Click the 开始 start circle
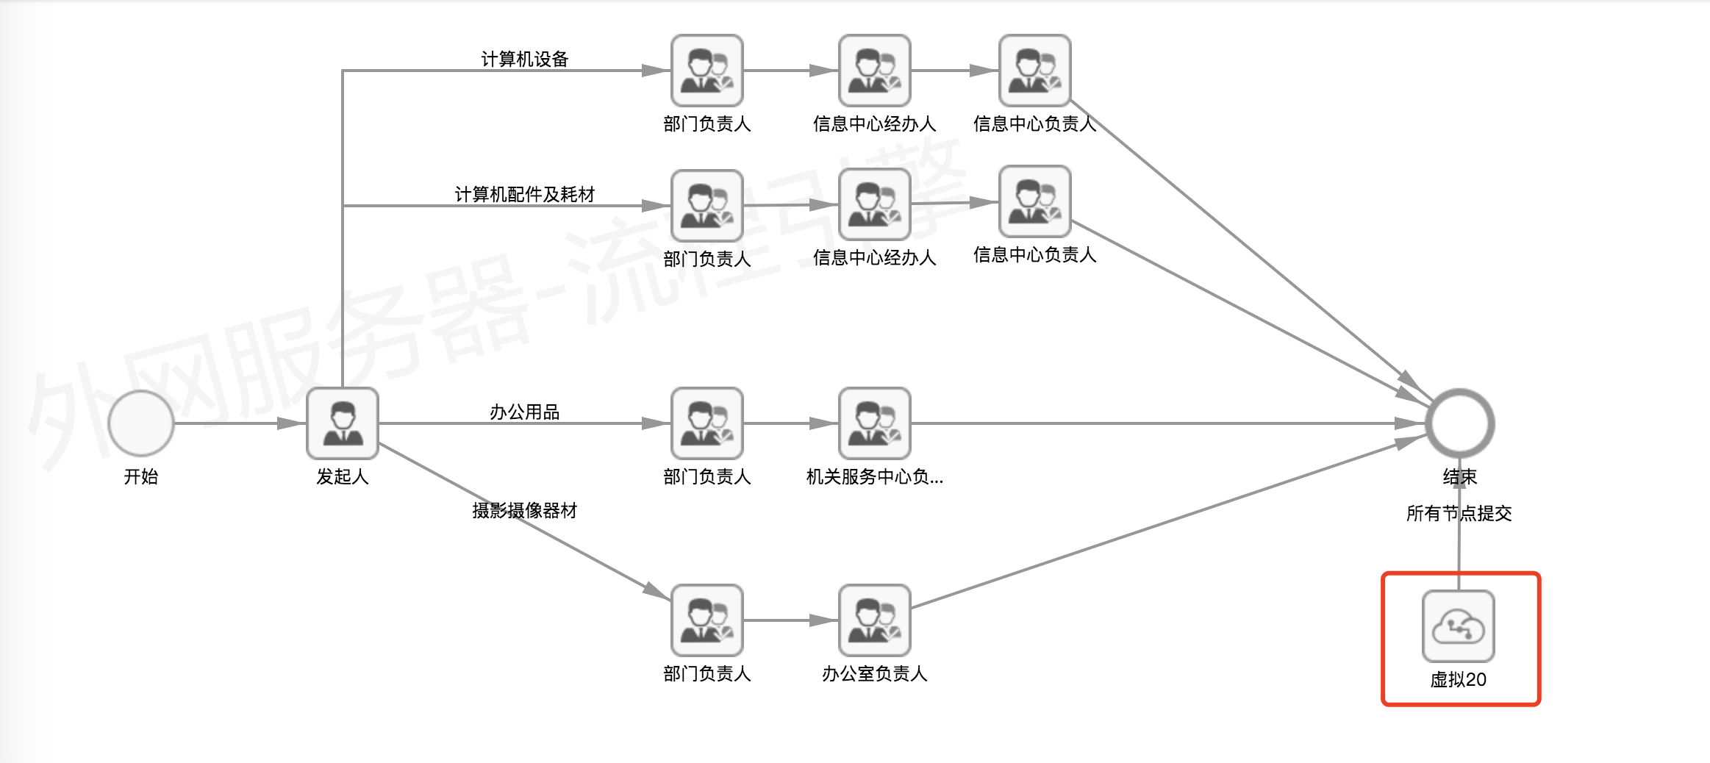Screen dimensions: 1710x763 pos(140,423)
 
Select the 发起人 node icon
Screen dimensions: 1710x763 pos(343,423)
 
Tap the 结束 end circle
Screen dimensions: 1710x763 pos(1459,423)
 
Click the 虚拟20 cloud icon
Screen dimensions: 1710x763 pos(1459,626)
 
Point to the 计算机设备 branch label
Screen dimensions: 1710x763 pos(525,59)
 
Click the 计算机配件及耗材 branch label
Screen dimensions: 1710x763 pos(525,194)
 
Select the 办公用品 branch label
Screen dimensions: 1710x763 pos(525,412)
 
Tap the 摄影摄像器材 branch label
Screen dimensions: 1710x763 pos(525,510)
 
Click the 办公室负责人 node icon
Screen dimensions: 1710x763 pos(875,620)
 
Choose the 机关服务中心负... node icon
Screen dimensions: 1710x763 pos(875,423)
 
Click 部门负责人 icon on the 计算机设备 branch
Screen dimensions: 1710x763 pos(707,71)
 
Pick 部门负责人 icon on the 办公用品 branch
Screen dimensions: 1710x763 pos(707,423)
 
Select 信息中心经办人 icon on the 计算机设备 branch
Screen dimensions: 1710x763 pos(875,71)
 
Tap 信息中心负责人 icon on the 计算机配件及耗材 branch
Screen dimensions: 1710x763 pos(1035,201)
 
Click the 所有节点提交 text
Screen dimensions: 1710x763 pos(1459,513)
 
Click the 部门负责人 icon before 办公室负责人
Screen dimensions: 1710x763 pos(707,620)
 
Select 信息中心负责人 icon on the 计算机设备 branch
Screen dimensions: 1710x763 pos(1035,71)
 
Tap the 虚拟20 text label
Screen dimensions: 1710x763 pos(1459,679)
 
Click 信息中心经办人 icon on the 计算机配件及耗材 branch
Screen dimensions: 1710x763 pos(875,204)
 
